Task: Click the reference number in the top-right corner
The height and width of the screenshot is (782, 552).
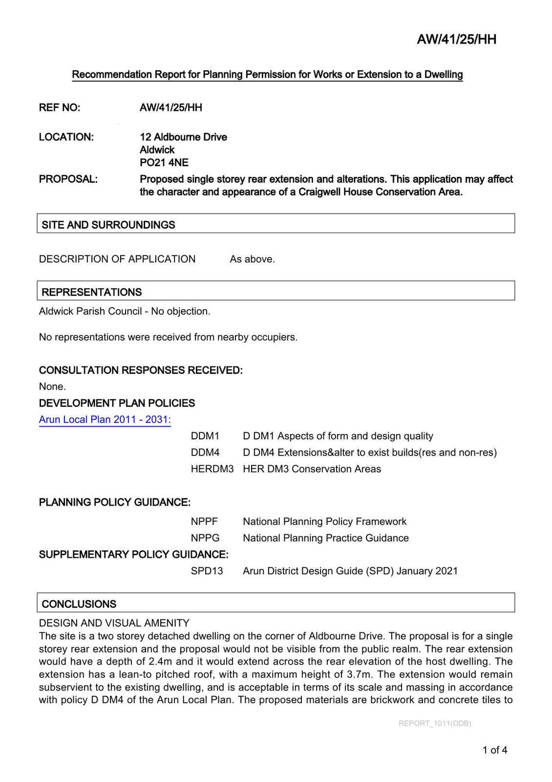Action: [456, 40]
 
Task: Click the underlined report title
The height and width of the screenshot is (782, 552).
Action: [267, 75]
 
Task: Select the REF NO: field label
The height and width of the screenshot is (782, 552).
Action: [60, 108]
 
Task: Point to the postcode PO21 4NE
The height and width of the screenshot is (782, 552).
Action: [164, 163]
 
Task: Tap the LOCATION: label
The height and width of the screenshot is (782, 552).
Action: [66, 137]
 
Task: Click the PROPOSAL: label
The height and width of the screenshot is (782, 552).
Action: [68, 179]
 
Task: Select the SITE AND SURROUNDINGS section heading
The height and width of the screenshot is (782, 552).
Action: [108, 225]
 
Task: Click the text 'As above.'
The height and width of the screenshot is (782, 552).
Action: [252, 259]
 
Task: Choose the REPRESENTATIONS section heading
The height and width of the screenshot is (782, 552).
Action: [92, 292]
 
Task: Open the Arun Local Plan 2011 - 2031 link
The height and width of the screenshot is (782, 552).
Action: [105, 419]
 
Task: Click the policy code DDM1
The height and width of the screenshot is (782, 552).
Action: [205, 436]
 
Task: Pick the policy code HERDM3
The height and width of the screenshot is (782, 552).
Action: [212, 469]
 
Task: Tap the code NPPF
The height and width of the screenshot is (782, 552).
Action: [204, 521]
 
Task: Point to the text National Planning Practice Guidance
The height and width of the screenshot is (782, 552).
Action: [326, 538]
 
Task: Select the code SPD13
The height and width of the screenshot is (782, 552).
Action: [207, 571]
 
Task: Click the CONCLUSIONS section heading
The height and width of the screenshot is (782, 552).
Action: [79, 604]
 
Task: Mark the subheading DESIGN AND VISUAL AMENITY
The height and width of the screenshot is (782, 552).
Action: [114, 623]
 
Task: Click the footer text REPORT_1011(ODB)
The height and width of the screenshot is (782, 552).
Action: [435, 723]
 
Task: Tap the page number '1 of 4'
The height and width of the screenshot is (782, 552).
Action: [495, 750]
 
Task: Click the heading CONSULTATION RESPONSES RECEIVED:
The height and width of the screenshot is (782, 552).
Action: [141, 370]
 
